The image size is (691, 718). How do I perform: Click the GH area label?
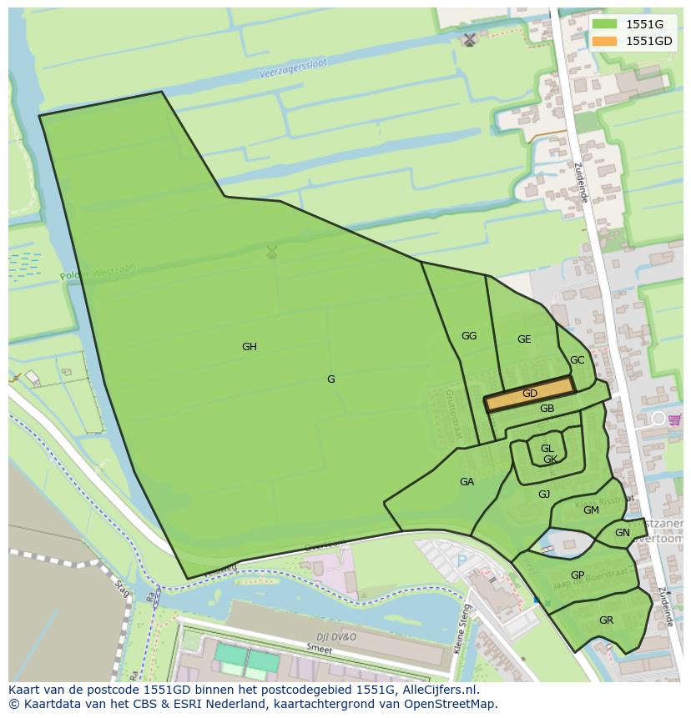[249, 347]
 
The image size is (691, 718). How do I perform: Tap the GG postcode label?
[469, 336]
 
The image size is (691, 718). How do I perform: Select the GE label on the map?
[524, 339]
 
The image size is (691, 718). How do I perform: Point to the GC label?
[577, 360]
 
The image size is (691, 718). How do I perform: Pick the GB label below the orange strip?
[547, 409]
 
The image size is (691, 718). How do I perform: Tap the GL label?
[547, 449]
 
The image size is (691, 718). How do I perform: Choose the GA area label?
[467, 482]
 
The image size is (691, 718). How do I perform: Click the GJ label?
[544, 495]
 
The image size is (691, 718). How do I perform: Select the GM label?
[591, 510]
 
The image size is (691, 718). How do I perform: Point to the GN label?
[623, 533]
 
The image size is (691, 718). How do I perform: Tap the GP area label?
[578, 575]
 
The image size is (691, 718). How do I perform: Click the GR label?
[606, 620]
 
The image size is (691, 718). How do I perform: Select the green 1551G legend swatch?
[605, 24]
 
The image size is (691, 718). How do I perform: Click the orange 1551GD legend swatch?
[605, 41]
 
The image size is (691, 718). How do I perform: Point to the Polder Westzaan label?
[98, 270]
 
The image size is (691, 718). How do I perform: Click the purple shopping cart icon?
[674, 419]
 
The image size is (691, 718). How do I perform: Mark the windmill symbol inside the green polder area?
[271, 251]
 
